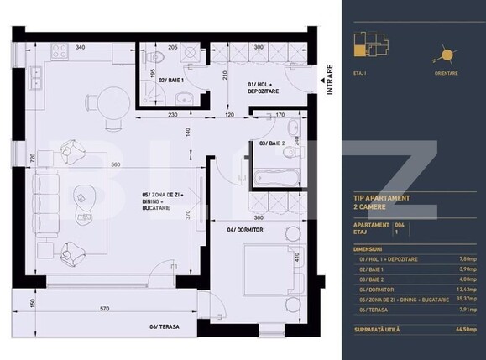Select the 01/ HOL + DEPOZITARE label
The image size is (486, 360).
pos(262,88)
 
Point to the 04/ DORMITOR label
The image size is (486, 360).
pos(243,227)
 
